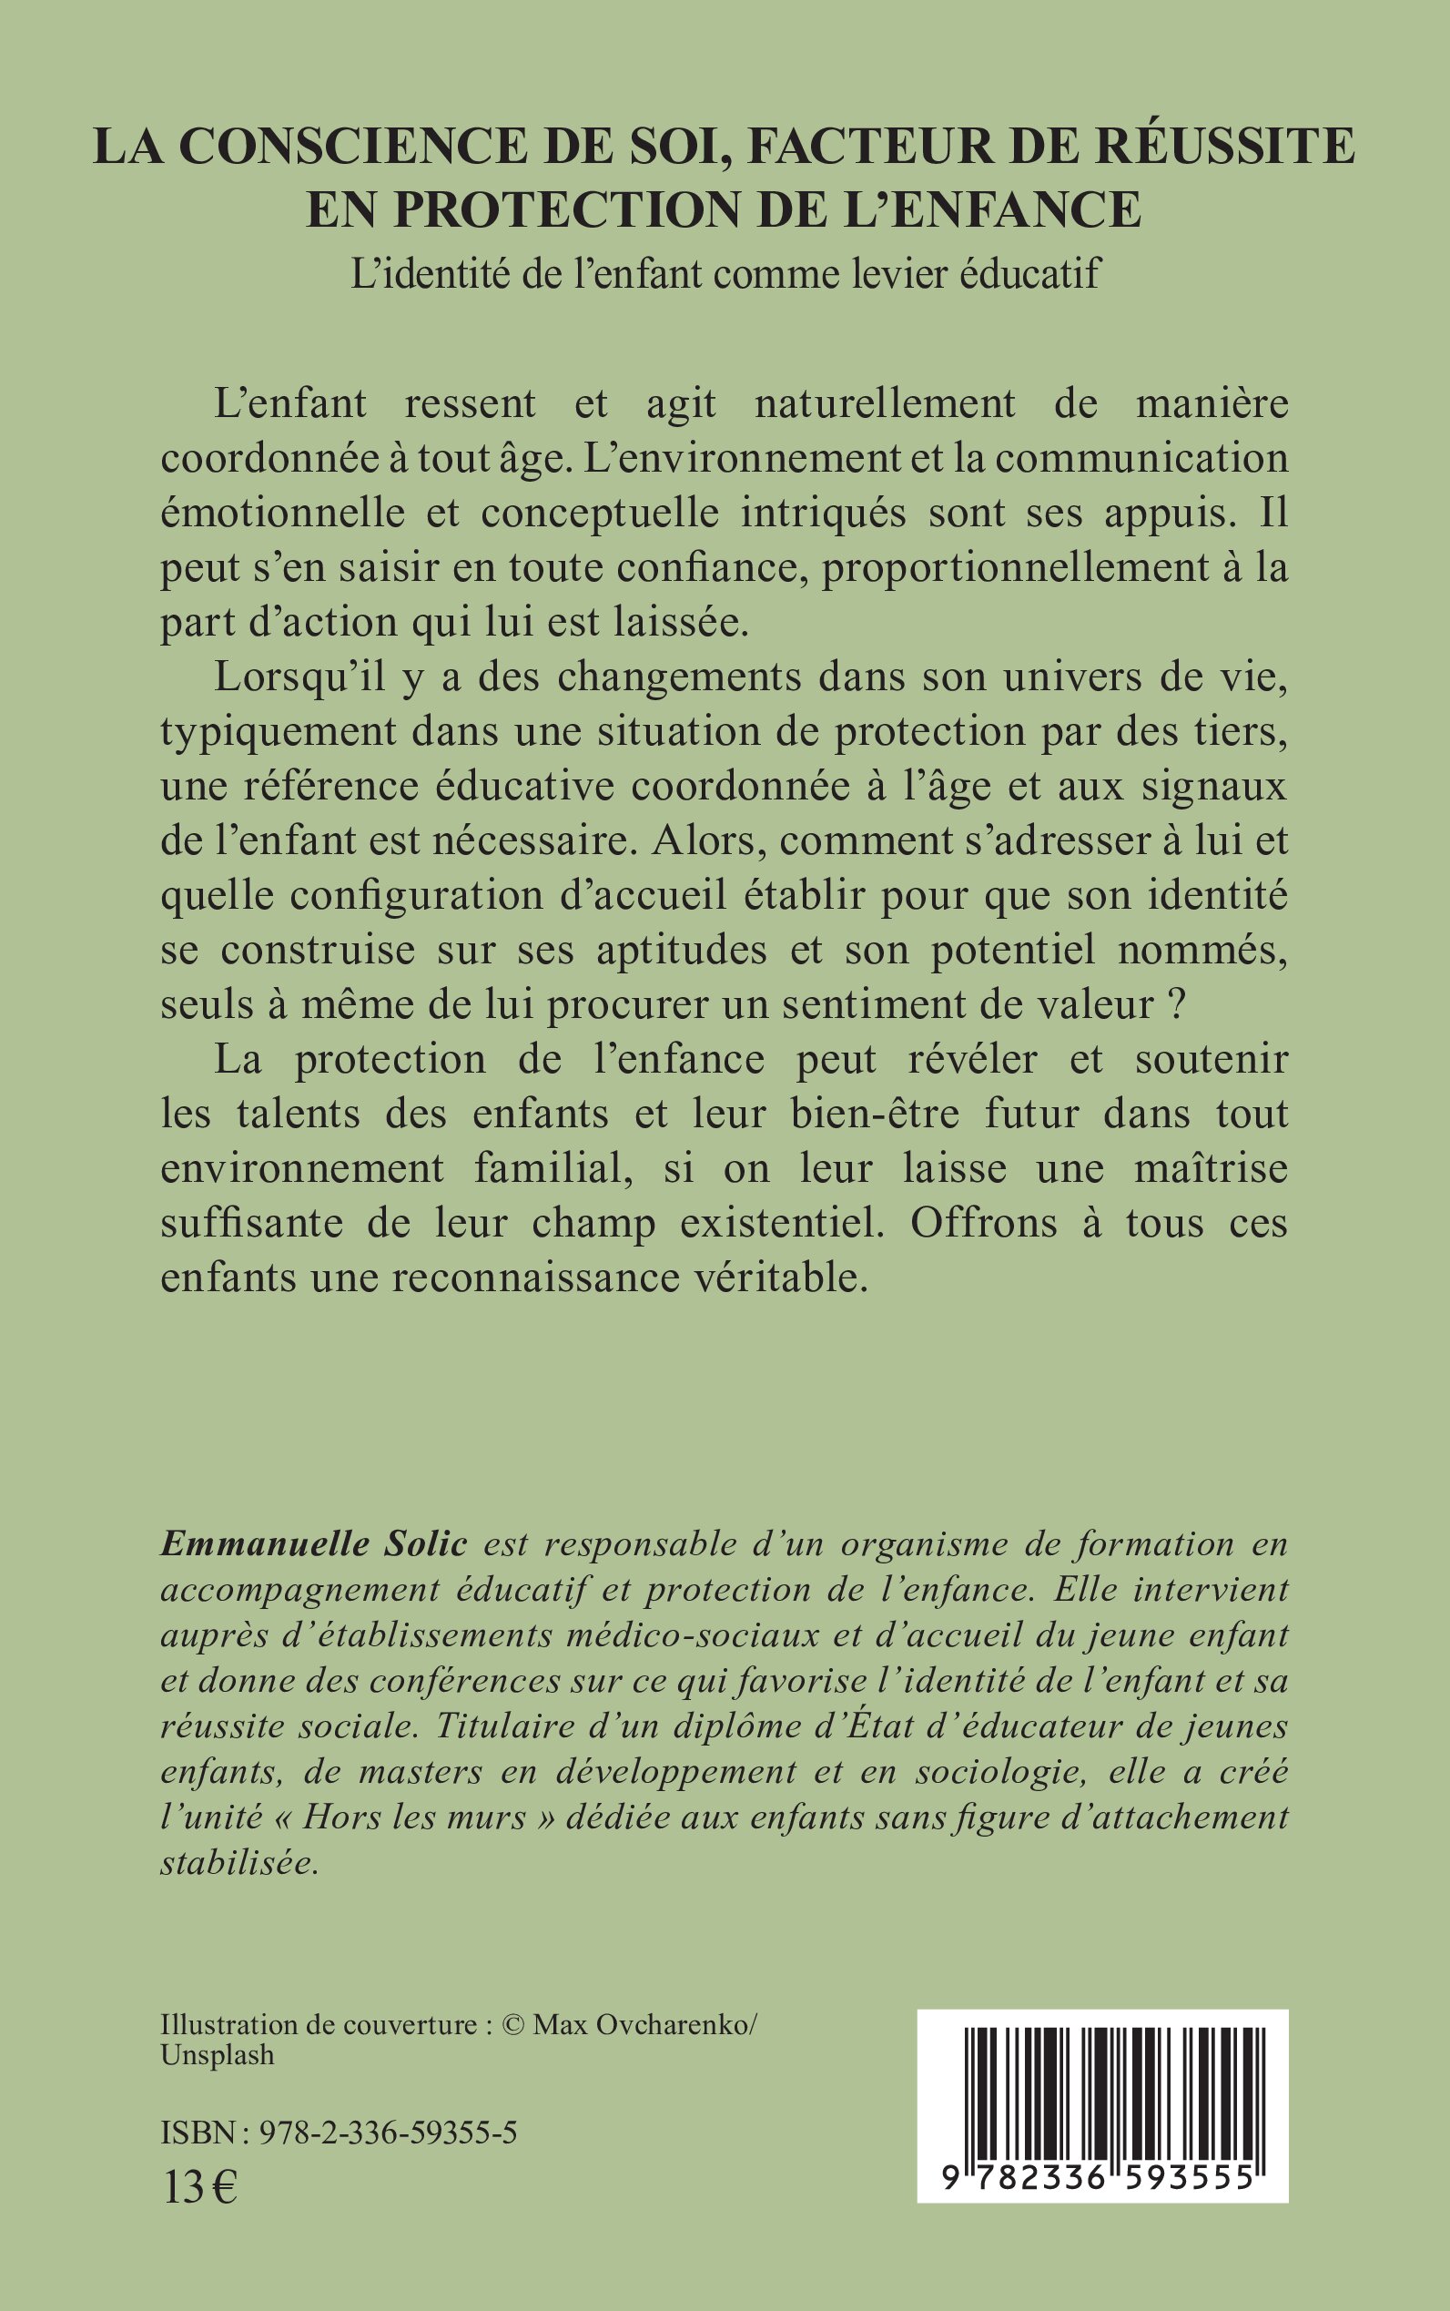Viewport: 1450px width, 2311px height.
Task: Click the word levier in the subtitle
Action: coord(917,274)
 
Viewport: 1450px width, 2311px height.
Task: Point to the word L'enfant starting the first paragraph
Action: coord(290,402)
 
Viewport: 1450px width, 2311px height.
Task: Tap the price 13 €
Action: coord(199,2182)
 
